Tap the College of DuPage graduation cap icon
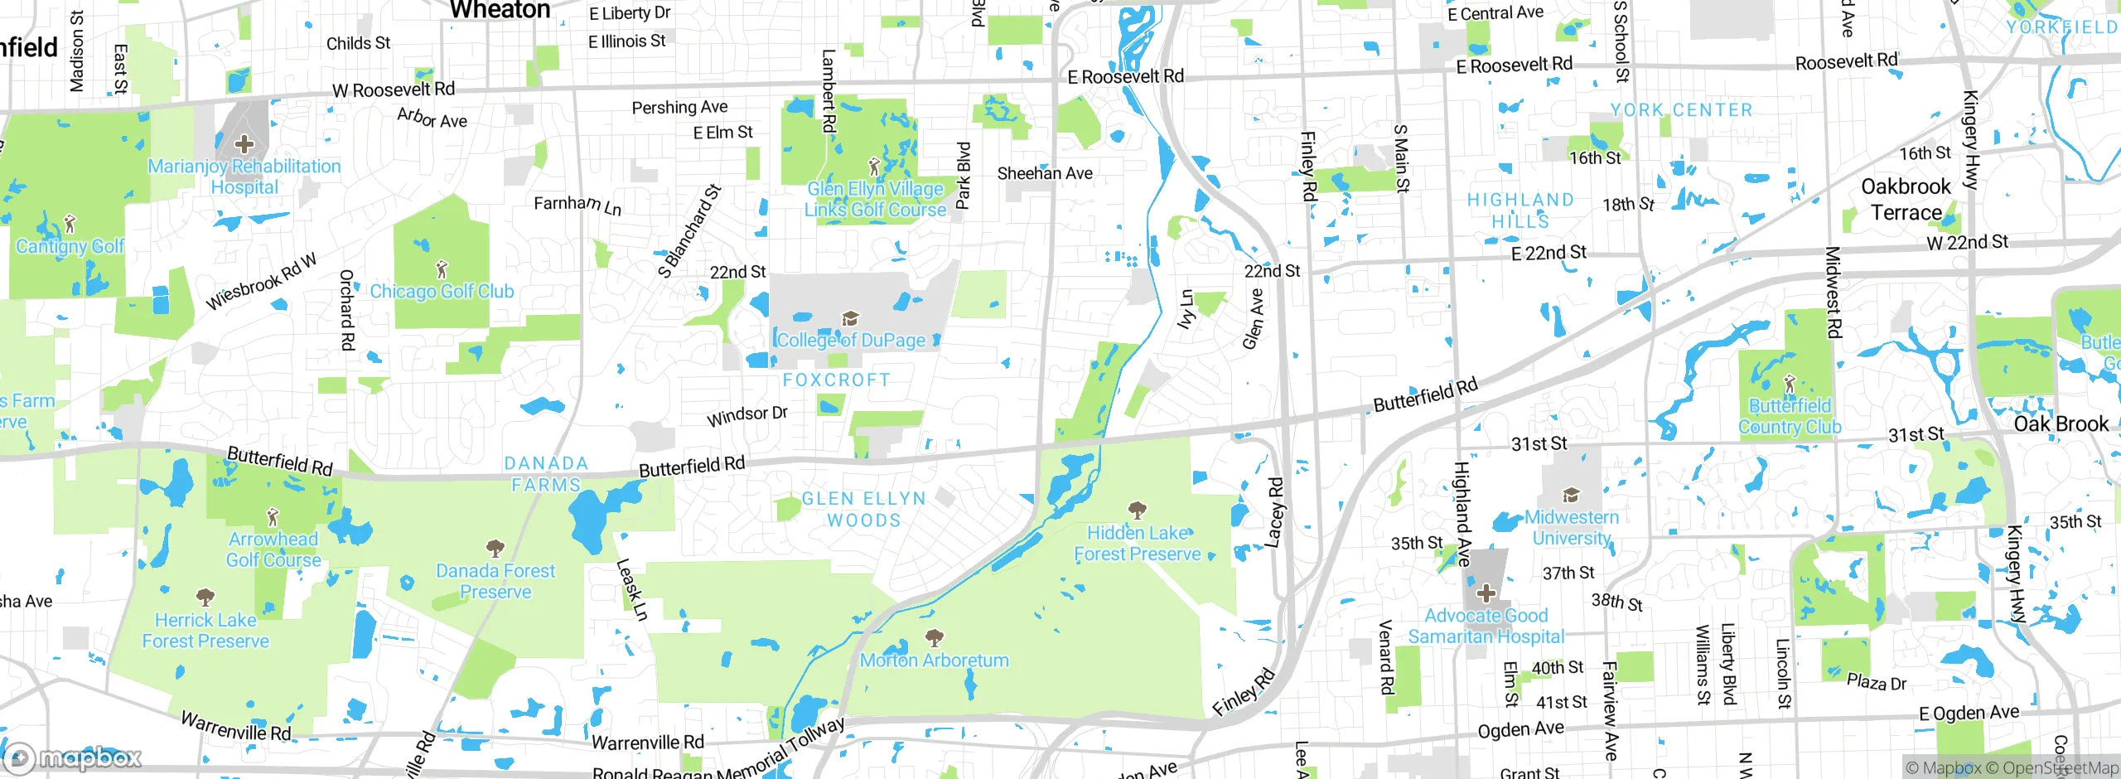[849, 319]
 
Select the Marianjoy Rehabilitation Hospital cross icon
[244, 144]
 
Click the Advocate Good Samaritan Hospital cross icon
[1486, 593]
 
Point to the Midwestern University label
[1571, 527]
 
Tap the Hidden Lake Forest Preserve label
[1138, 544]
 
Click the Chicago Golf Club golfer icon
[442, 269]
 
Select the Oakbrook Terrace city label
[1906, 199]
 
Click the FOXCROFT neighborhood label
[836, 380]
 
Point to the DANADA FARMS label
[546, 474]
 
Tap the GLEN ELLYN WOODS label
[863, 509]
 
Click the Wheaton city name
[500, 10]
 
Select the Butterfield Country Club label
[1790, 416]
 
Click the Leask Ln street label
[631, 589]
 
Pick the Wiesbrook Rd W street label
[261, 282]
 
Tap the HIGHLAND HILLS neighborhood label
[1520, 210]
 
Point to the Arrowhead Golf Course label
[273, 549]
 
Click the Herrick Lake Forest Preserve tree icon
[205, 597]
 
